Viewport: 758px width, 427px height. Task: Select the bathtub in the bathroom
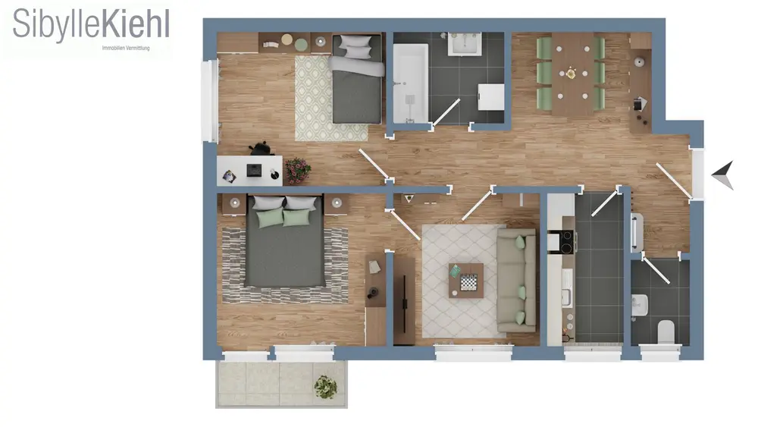pos(410,83)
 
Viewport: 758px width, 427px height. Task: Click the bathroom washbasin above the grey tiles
pos(465,44)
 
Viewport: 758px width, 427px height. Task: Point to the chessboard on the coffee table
pos(468,282)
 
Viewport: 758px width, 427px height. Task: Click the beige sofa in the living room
pos(516,280)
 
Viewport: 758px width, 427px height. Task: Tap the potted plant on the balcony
pos(325,387)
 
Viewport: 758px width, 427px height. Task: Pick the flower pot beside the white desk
pos(297,170)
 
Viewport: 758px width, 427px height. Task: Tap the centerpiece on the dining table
pos(571,74)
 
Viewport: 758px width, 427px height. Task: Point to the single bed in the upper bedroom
pos(357,78)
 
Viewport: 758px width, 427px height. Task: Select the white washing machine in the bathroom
pos(491,97)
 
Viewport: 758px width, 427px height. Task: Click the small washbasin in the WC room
pos(639,306)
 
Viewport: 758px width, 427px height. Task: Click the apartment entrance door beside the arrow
pos(674,181)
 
